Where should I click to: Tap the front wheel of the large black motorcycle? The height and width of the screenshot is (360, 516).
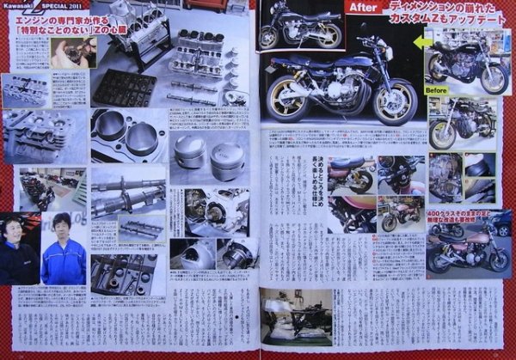coord(395,101)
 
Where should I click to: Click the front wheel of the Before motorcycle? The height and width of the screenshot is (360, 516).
coord(494,78)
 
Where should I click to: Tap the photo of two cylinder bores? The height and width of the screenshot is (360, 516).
coord(129,134)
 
